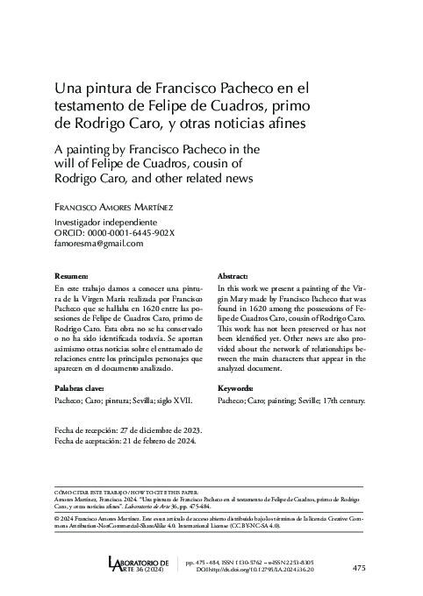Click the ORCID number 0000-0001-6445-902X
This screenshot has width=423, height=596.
tap(124, 233)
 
